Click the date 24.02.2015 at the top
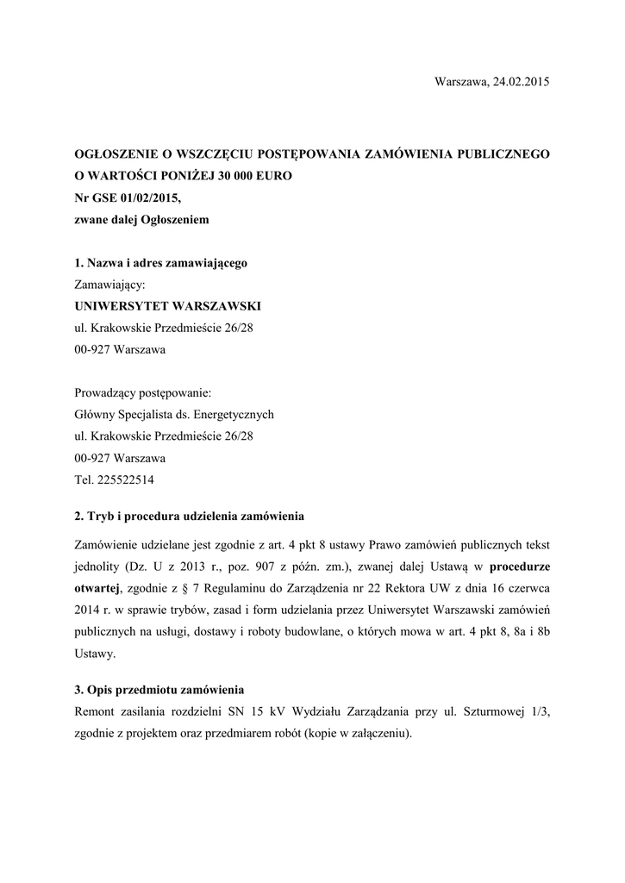point(521,81)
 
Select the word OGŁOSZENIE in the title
point(116,153)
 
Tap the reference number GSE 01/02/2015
point(137,197)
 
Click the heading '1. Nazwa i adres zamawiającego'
point(161,262)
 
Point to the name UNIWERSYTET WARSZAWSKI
point(167,306)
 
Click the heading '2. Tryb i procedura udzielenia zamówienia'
point(190,517)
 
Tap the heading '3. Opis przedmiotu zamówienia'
point(159,690)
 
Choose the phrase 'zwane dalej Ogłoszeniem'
point(142,220)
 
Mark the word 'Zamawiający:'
point(110,285)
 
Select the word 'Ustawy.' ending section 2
point(95,654)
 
